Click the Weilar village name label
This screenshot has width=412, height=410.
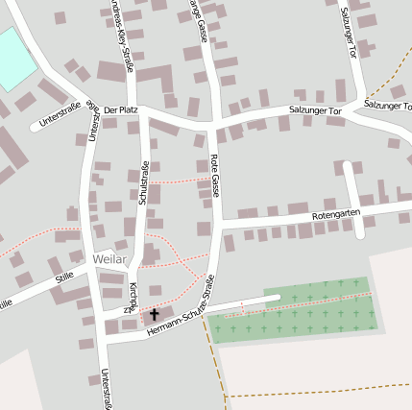point(110,259)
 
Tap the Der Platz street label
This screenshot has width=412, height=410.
point(121,112)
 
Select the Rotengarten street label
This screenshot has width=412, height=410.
point(336,215)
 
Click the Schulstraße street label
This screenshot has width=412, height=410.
point(143,183)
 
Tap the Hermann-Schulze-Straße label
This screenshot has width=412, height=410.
point(182,320)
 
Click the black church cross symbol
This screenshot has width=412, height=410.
point(154,314)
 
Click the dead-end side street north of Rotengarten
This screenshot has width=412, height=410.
point(351,192)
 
